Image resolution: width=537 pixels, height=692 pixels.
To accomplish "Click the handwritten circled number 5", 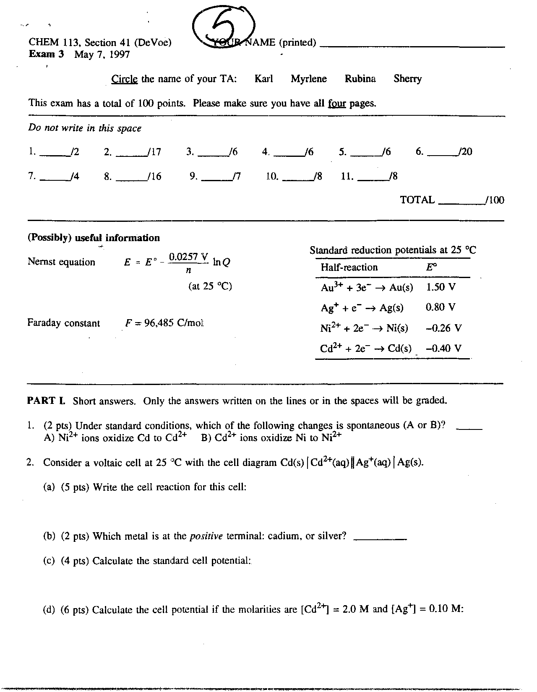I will (224, 26).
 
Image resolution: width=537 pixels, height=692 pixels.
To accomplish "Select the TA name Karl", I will (263, 79).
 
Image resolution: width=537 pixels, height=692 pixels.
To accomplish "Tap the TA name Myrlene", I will (309, 79).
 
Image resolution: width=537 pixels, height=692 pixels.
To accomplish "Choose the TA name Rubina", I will (360, 79).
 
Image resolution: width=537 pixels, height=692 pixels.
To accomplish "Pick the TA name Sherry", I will (407, 79).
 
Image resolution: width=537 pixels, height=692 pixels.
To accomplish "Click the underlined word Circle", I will (124, 79).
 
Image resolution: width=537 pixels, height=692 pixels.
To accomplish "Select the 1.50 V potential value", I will (441, 287).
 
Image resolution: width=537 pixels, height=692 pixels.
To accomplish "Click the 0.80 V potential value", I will (440, 307).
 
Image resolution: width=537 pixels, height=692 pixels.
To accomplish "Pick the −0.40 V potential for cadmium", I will (443, 349).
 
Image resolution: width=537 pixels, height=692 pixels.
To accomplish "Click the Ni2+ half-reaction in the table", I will (364, 328).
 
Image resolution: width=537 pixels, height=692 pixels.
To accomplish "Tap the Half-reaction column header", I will (349, 268).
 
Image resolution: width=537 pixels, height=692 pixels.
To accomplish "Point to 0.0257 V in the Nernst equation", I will (188, 256).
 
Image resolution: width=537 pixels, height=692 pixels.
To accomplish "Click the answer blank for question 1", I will (469, 427).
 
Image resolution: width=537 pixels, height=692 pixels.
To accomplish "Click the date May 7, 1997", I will (102, 55).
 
